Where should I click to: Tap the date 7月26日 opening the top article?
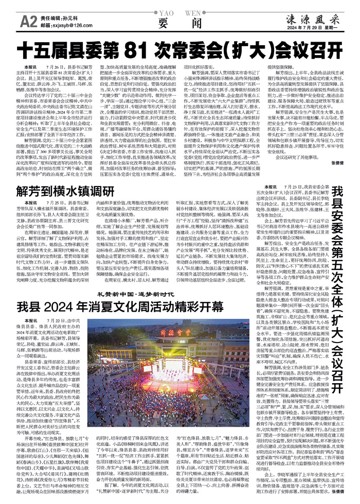52,67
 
